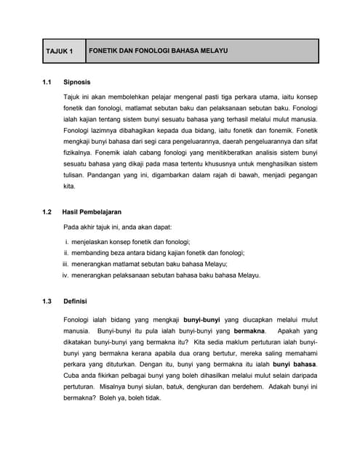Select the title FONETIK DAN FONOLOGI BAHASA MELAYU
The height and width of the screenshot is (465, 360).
(158, 52)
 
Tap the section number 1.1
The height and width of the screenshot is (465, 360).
(48, 82)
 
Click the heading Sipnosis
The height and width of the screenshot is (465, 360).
(77, 82)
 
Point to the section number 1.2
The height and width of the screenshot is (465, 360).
(48, 211)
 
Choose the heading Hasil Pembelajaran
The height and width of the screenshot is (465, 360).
(92, 211)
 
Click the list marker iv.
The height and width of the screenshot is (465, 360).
(65, 275)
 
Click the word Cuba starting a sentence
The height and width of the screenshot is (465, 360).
(72, 375)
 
